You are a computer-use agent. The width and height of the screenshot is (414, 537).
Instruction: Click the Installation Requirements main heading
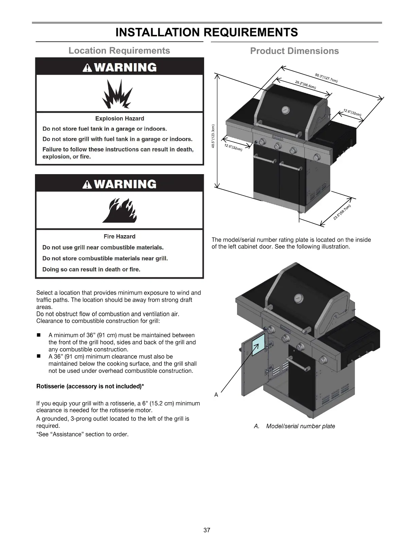[206, 32]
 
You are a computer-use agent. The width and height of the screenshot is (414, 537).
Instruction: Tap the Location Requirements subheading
[119, 51]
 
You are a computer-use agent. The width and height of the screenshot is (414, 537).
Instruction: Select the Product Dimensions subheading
[294, 51]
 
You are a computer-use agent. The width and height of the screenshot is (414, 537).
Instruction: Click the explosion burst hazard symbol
[118, 93]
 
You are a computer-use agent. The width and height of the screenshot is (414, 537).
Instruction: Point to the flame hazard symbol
[120, 210]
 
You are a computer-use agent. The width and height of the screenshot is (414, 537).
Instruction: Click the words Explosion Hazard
[120, 118]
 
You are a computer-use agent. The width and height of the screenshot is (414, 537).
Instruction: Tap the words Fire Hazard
[120, 237]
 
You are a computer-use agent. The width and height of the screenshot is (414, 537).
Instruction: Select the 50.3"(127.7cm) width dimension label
[326, 78]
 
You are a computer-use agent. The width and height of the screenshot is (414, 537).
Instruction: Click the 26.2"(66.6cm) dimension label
[305, 85]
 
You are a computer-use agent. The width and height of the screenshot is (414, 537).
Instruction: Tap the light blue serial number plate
[258, 344]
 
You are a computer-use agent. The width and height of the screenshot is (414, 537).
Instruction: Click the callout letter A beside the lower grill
[216, 395]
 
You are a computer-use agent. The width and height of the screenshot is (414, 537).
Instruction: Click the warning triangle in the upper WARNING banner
[88, 68]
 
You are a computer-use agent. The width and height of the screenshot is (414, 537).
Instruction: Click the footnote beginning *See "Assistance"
[83, 434]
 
